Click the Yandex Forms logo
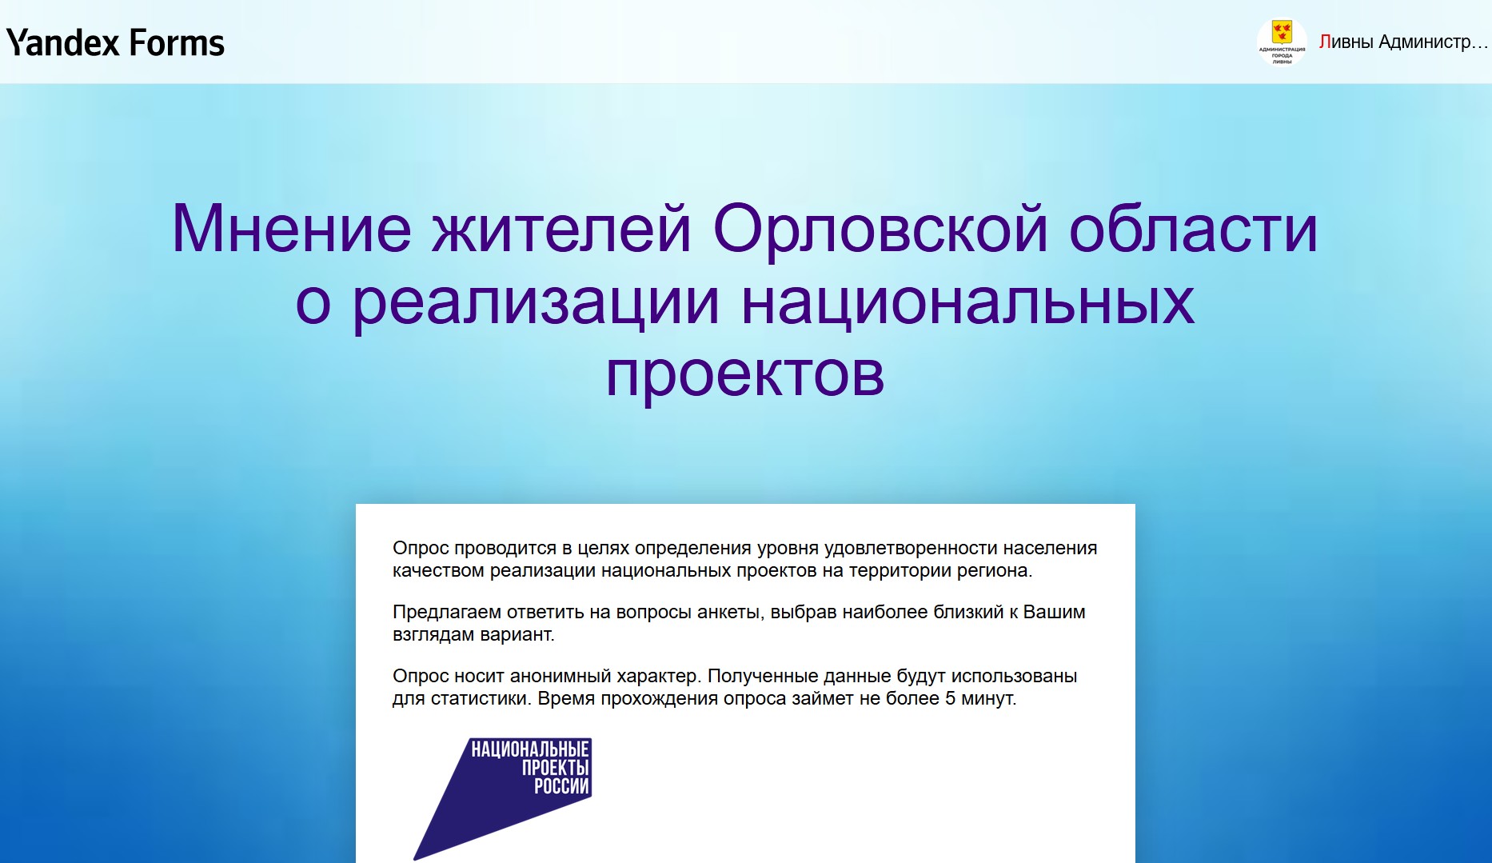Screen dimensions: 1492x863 115,42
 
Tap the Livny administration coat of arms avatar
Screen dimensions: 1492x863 1282,42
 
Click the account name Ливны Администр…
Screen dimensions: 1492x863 1403,42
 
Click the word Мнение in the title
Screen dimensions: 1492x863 292,229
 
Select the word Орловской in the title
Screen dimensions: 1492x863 880,229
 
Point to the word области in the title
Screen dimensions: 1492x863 1194,229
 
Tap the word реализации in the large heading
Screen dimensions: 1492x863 536,304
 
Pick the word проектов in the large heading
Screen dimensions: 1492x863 745,374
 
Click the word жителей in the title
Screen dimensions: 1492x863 562,229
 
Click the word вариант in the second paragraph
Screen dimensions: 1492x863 516,635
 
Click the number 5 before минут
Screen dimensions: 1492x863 950,698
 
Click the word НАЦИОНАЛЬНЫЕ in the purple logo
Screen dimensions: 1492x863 529,749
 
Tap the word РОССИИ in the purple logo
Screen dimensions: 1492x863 561,786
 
